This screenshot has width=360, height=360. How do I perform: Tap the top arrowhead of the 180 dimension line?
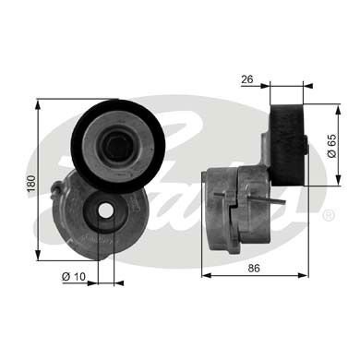point(39,103)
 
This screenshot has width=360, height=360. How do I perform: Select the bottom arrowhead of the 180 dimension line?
point(39,255)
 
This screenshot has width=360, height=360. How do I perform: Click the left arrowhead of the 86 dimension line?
point(205,274)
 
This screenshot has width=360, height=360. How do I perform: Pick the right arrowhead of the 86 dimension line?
point(306,274)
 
